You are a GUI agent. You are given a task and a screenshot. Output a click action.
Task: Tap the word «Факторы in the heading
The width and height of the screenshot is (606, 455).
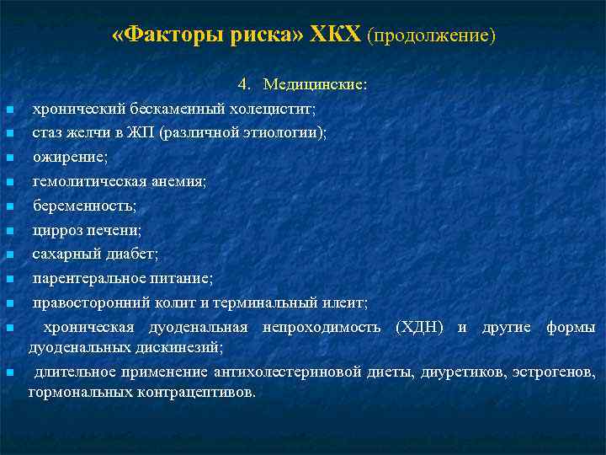click(157, 35)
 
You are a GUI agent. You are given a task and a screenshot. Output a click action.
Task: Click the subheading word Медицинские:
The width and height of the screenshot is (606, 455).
click(314, 84)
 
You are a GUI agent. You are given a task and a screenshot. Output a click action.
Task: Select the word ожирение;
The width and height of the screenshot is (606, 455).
click(66, 157)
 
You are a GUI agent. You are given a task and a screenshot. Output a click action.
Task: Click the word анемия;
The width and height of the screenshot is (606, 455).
click(176, 181)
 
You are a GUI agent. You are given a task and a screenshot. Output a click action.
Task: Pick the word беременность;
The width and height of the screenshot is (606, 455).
click(84, 206)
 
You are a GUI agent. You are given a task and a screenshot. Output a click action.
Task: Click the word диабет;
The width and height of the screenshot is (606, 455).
click(132, 254)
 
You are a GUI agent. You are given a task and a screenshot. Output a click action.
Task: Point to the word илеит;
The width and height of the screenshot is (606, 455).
click(344, 302)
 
